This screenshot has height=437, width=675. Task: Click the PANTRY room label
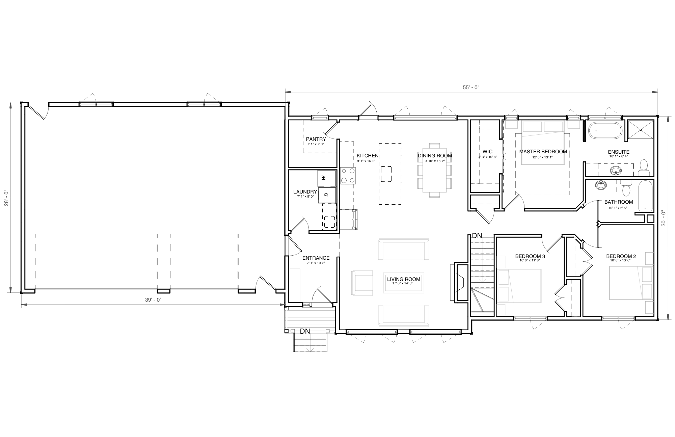click(316, 139)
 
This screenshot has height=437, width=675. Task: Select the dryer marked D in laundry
click(327, 195)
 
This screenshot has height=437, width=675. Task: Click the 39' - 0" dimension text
click(153, 300)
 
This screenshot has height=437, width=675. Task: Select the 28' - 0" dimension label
click(6, 199)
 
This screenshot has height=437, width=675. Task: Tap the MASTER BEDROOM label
click(543, 152)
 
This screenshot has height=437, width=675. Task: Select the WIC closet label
click(487, 152)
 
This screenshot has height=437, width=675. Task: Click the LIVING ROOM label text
click(404, 279)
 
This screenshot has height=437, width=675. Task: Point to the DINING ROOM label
click(435, 156)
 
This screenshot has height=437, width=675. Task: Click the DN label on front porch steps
click(305, 331)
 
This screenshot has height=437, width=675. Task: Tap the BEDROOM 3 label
click(530, 256)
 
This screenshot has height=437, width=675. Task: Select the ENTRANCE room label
click(316, 258)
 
